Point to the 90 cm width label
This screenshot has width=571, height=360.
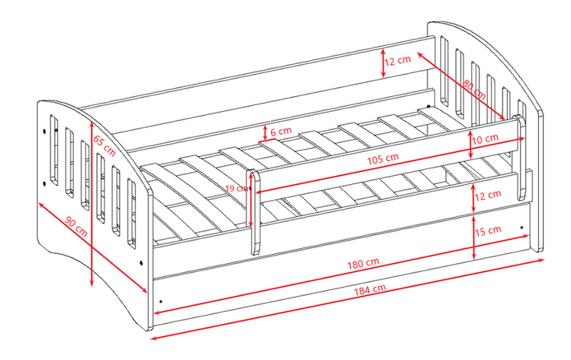77,226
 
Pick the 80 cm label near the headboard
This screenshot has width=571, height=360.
473,89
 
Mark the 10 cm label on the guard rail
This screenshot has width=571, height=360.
485,139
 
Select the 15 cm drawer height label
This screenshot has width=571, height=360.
488,230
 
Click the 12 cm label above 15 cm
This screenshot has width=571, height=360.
488,195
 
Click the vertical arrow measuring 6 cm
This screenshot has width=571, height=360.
264,132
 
